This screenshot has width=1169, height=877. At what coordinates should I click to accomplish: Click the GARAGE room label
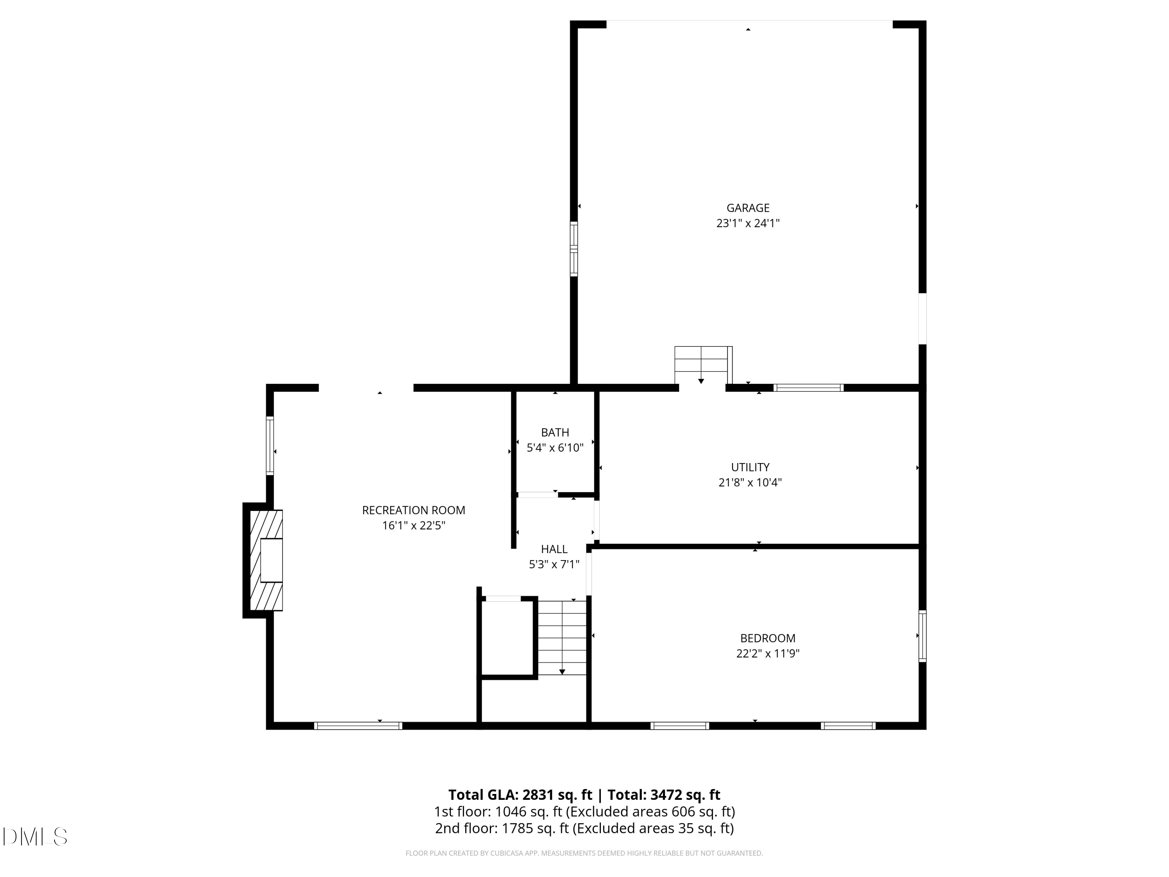748,208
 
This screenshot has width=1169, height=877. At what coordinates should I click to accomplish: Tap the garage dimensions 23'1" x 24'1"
748,223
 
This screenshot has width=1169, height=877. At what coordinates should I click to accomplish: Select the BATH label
555,432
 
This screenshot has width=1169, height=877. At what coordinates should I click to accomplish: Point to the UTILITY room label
750,467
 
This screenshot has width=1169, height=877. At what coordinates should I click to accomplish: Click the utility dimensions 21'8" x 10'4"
750,482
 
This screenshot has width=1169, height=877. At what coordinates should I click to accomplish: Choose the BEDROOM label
767,638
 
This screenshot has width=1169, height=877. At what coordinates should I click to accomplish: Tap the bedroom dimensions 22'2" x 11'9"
767,653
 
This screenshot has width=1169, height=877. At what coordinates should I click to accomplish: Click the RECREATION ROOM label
413,511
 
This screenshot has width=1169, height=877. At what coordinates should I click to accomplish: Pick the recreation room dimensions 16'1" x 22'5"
413,525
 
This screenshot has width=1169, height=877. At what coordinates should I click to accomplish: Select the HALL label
554,549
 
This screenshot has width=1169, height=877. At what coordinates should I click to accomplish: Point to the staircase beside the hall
562,638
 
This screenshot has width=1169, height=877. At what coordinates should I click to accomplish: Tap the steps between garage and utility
703,365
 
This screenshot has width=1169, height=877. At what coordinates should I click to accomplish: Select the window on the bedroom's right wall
922,636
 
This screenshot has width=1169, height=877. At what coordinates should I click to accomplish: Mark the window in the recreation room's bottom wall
358,726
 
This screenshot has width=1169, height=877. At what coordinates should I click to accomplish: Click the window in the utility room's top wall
808,388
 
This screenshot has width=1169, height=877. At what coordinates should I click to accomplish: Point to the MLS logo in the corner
35,837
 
